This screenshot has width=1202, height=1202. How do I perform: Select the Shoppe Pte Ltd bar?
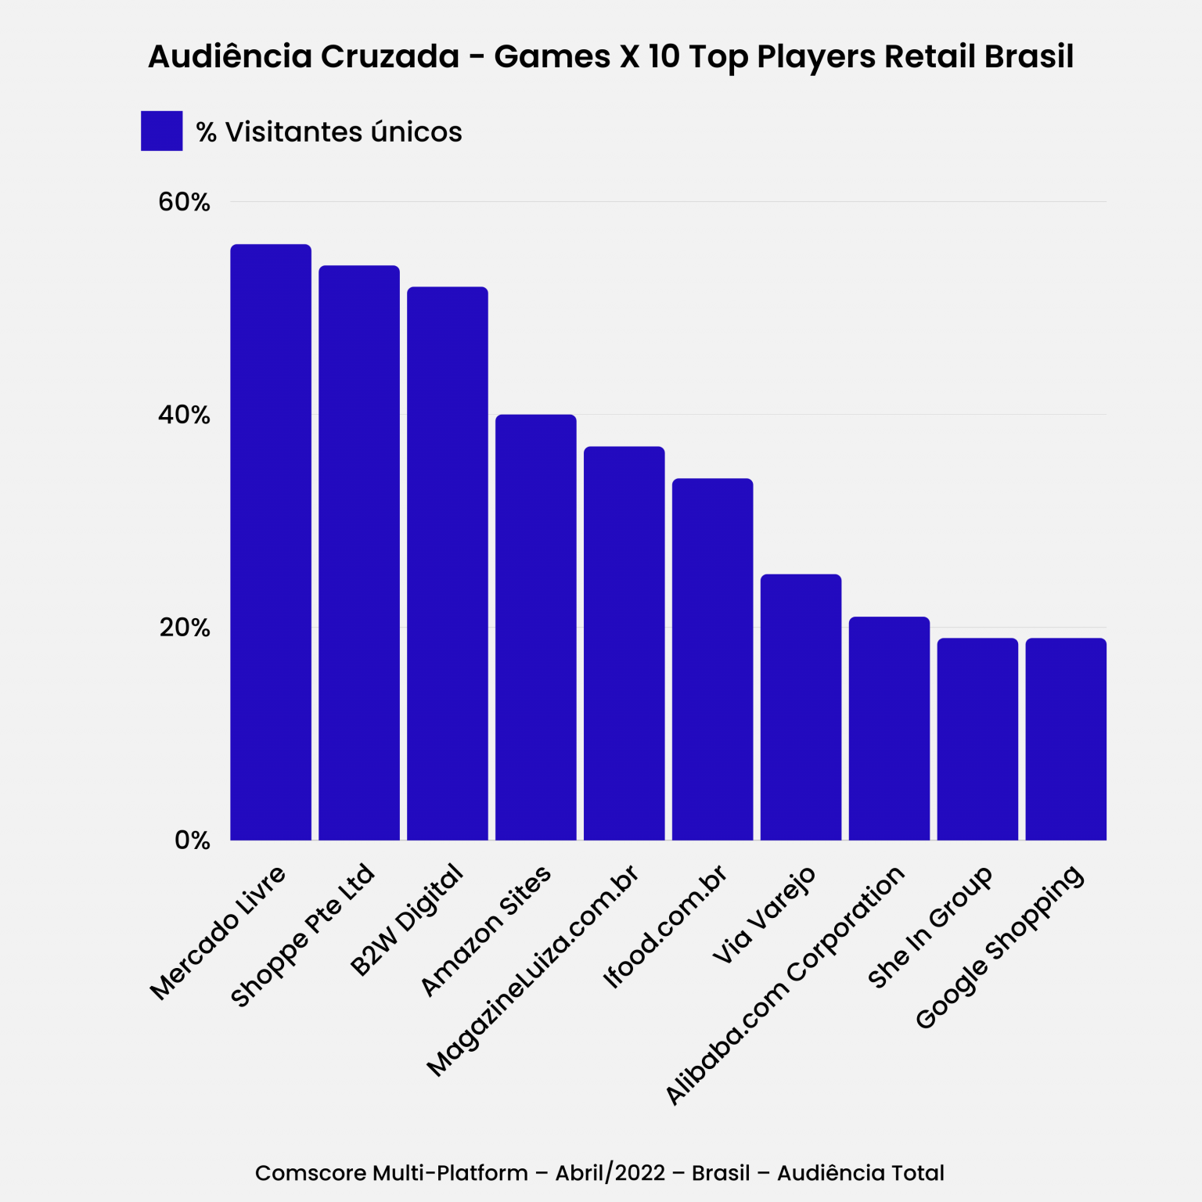(359, 553)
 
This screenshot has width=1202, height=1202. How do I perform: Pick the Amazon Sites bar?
(536, 628)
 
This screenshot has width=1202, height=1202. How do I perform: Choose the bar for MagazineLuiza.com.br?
(624, 643)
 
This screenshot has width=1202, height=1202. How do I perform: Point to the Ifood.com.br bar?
(713, 660)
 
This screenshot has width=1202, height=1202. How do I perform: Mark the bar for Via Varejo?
(801, 707)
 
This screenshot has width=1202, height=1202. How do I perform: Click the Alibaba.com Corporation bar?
(890, 729)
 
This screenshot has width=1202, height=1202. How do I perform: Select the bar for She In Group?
(978, 740)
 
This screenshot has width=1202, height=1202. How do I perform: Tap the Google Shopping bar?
(1067, 740)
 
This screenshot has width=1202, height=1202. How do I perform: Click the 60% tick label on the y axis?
(185, 202)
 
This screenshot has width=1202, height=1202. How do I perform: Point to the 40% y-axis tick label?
(185, 415)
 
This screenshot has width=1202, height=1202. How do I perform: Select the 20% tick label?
(185, 628)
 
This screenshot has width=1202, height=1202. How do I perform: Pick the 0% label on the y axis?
(193, 840)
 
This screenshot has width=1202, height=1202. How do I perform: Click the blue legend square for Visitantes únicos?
(162, 131)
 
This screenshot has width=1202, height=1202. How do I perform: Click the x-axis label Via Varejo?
(765, 915)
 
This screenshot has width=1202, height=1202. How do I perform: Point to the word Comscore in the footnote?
(311, 1173)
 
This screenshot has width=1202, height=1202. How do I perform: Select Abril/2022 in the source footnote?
(610, 1173)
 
